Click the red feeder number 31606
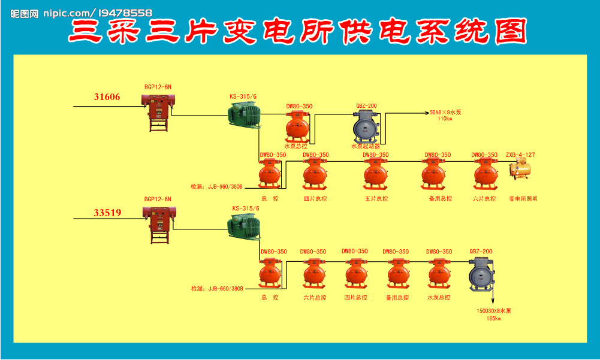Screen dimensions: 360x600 [x=107, y=97]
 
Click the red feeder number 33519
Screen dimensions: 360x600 [x=107, y=212]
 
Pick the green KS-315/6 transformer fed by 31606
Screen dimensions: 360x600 [x=244, y=114]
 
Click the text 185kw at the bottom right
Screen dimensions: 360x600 [x=494, y=319]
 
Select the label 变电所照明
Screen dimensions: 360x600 [x=523, y=199]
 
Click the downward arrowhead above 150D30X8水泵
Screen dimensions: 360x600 [x=494, y=303]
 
